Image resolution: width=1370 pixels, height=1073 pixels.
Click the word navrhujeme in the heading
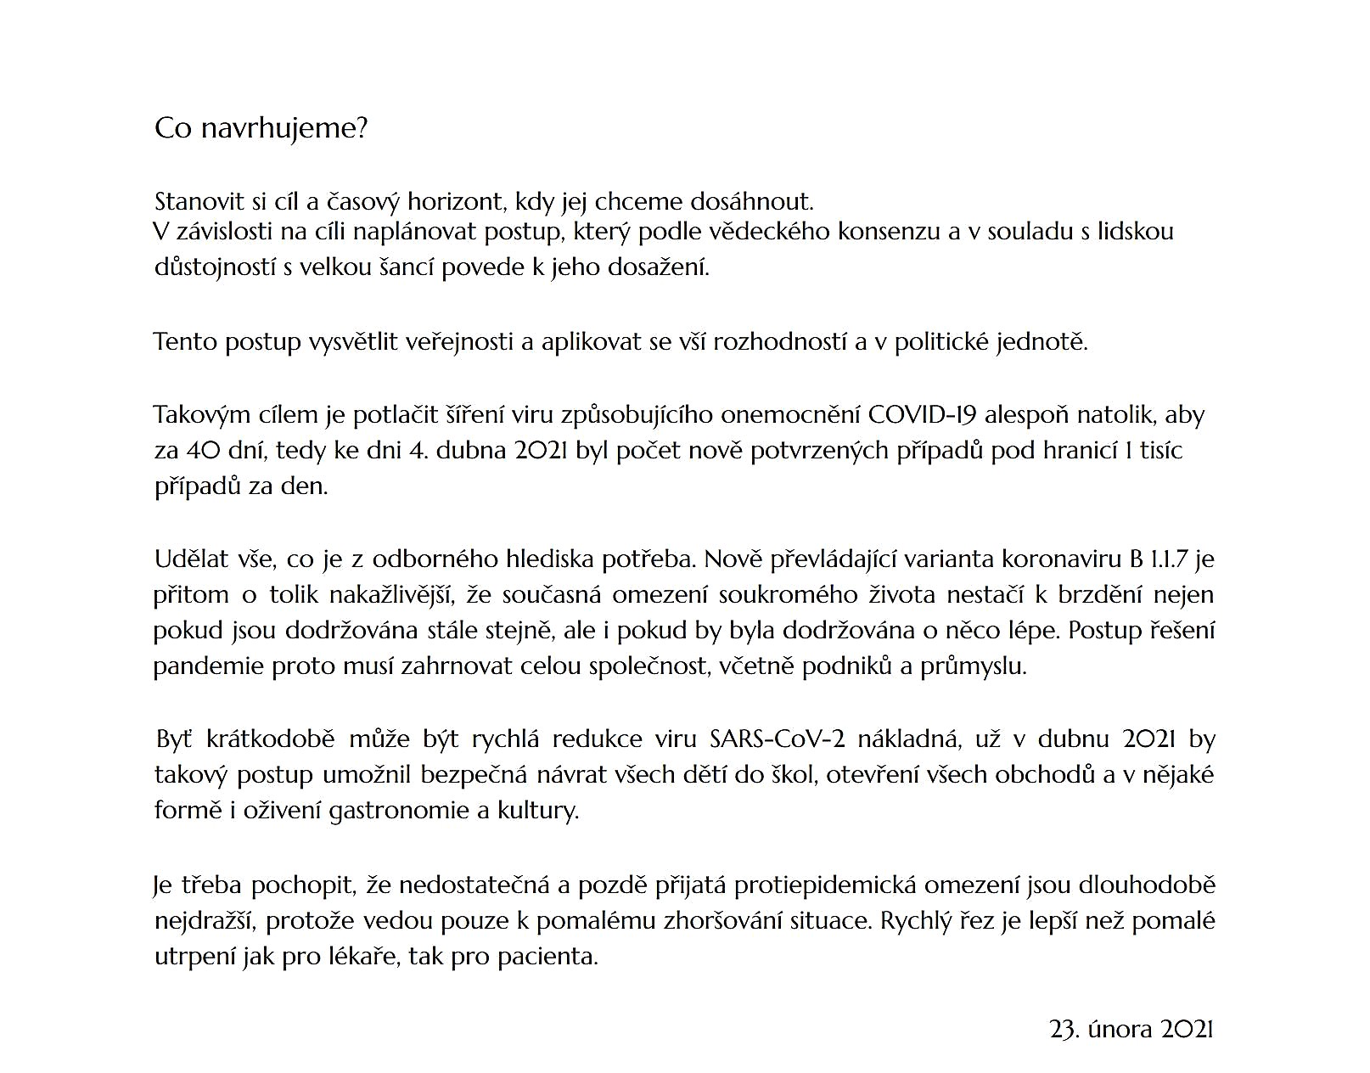click(284, 129)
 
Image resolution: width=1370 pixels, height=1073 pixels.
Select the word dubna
click(472, 450)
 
